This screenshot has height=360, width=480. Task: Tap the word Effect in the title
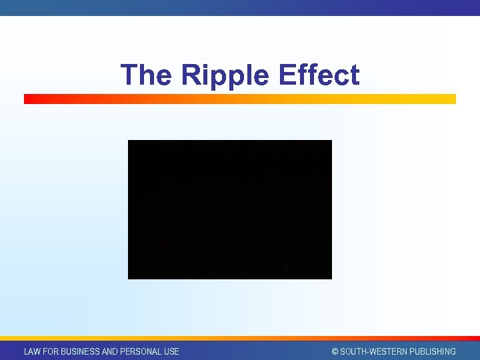click(x=319, y=75)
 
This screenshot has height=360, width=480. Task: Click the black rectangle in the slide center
click(x=229, y=209)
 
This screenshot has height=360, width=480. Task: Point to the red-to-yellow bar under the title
click(x=240, y=99)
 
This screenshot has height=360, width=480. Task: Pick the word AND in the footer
click(x=110, y=351)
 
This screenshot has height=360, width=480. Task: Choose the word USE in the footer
click(x=171, y=351)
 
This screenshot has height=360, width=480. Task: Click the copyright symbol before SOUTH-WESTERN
click(x=335, y=351)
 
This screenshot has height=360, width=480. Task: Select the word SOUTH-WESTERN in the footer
click(x=373, y=351)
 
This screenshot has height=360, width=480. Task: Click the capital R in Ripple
click(x=191, y=75)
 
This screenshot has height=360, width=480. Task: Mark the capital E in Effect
click(x=287, y=75)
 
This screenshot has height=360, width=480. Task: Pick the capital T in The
click(x=129, y=75)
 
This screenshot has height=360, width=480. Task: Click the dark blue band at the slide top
click(x=240, y=7)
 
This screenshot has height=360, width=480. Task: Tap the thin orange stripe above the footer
click(x=240, y=339)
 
